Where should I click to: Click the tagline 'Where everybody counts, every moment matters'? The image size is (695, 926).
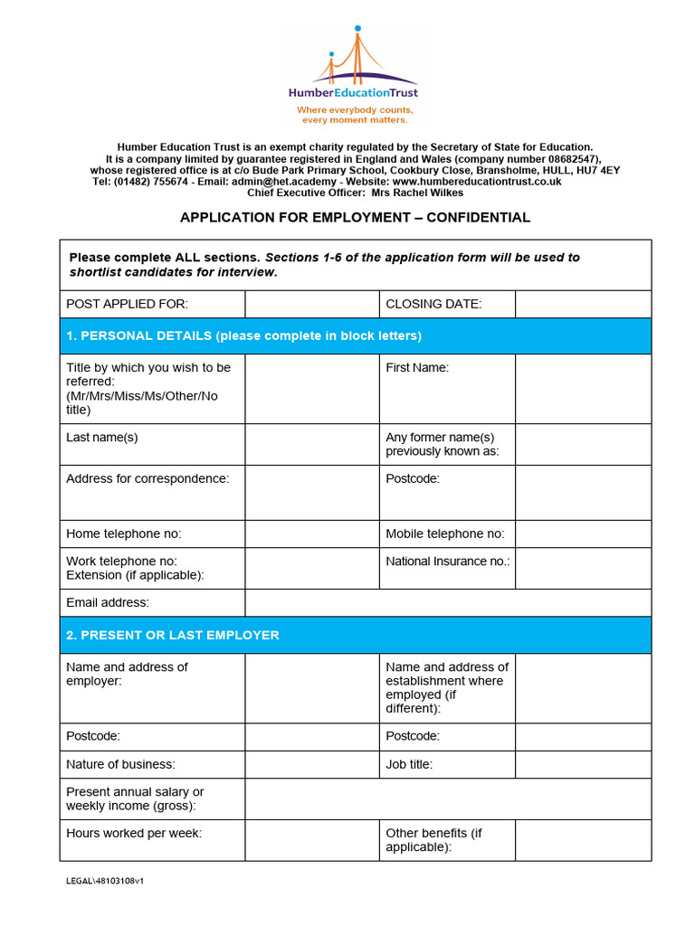click(355, 115)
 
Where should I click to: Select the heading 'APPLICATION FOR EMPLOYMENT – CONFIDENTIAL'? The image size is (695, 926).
click(355, 218)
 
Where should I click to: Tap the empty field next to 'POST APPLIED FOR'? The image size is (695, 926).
click(311, 305)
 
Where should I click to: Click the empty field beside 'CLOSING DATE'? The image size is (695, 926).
click(583, 305)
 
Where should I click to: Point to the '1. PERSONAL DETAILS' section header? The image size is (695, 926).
click(244, 336)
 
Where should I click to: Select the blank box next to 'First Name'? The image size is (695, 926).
click(583, 389)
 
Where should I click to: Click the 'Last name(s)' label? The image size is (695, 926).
click(102, 438)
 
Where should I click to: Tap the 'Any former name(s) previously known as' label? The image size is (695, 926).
click(442, 444)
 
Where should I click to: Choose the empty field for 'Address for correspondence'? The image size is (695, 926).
click(311, 493)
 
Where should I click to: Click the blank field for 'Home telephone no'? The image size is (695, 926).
click(311, 534)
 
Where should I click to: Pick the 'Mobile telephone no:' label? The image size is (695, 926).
click(445, 534)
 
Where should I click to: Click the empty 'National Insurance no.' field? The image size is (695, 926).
click(583, 568)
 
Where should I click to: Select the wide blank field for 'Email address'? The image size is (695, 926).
click(447, 603)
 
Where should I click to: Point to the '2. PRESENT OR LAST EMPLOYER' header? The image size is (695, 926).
click(173, 636)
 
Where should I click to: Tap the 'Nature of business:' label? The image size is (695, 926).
click(120, 764)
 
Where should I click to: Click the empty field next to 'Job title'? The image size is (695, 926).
click(583, 764)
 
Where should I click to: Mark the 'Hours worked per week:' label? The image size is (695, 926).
click(134, 834)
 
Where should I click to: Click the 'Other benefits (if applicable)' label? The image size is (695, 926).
click(434, 840)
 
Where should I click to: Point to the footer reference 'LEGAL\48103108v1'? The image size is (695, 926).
click(105, 881)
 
